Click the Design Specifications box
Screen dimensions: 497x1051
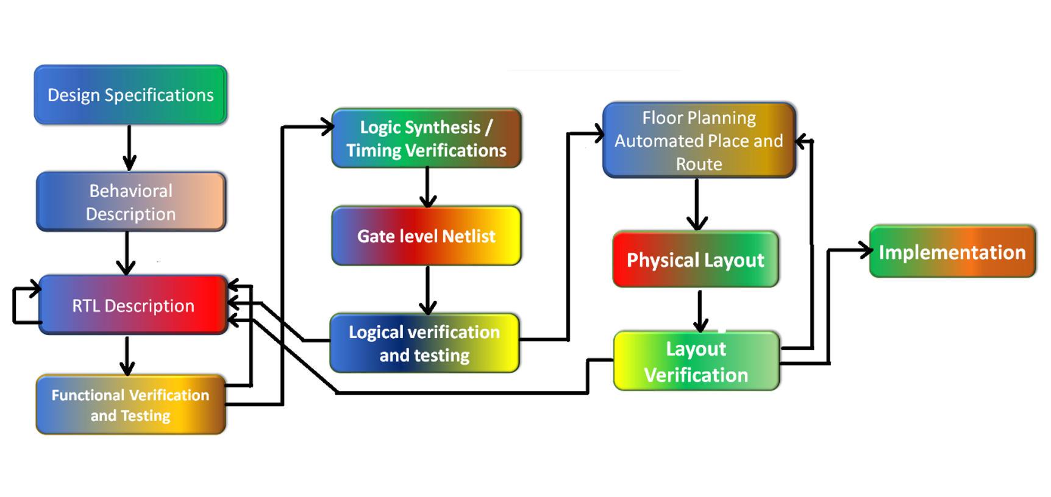click(x=130, y=95)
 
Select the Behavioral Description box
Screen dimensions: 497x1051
click(x=130, y=202)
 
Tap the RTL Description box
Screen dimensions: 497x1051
click(x=133, y=305)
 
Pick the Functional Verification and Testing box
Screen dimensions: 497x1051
click(x=130, y=405)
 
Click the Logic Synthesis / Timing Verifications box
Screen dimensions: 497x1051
click(x=426, y=138)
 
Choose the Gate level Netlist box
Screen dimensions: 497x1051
click(x=426, y=236)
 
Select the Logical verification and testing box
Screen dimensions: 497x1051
click(x=424, y=343)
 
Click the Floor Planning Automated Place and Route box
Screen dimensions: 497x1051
click(x=699, y=140)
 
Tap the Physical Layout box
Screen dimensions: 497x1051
click(x=696, y=259)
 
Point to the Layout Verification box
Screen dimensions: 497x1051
click(x=696, y=361)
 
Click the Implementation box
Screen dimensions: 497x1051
click(x=952, y=252)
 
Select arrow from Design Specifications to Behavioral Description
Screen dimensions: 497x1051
click(x=129, y=148)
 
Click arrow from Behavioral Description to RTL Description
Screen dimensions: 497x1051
click(x=126, y=253)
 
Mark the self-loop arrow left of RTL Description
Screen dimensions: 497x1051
click(x=18, y=305)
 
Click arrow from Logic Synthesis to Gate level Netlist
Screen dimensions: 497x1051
click(x=427, y=186)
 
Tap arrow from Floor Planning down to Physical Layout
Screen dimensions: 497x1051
click(x=697, y=204)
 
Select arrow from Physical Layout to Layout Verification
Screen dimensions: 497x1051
click(x=700, y=311)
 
